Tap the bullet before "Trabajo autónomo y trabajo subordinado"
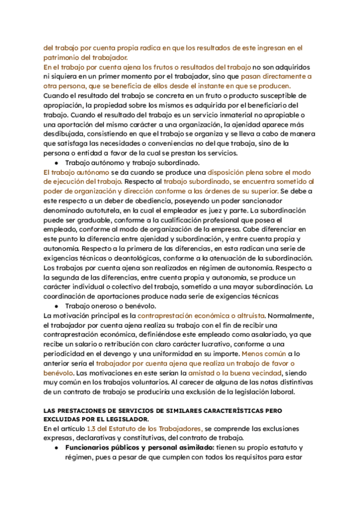(x=56, y=163)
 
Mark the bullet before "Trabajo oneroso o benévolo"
(x=56, y=306)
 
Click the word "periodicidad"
(x=67, y=354)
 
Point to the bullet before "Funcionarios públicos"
(x=56, y=448)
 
